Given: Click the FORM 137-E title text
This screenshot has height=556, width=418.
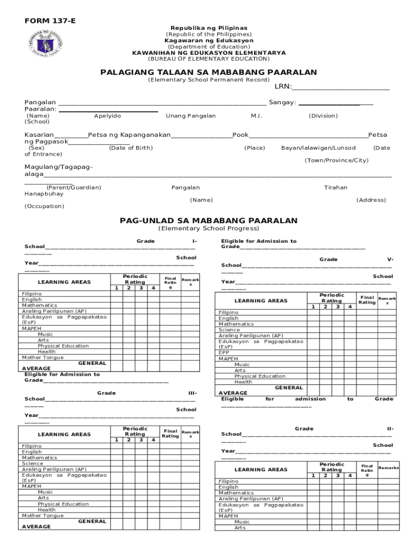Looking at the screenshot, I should pyautogui.click(x=50, y=21).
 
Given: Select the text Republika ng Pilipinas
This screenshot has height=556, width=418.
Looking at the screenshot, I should pyautogui.click(x=209, y=28).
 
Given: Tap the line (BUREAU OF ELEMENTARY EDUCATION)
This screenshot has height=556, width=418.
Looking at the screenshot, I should pyautogui.click(x=209, y=59).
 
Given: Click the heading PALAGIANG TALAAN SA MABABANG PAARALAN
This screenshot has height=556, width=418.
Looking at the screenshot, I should pyautogui.click(x=209, y=72).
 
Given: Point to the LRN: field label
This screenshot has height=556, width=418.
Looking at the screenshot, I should pyautogui.click(x=283, y=87).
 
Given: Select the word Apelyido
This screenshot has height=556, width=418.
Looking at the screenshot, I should pyautogui.click(x=107, y=116).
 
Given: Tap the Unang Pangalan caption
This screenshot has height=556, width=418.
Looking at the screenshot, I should pyautogui.click(x=191, y=116).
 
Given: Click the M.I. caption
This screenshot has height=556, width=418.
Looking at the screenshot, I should pyautogui.click(x=257, y=116).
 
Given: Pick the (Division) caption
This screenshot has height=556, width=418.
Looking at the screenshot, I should pyautogui.click(x=323, y=116).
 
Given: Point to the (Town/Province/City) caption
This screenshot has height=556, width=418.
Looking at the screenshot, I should pyautogui.click(x=337, y=160).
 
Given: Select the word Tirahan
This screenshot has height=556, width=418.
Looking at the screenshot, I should pyautogui.click(x=335, y=187).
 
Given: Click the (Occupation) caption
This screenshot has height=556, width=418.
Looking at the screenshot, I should pyautogui.click(x=44, y=206).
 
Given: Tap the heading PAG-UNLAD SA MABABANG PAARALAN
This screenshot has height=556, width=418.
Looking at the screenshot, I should pyautogui.click(x=209, y=220).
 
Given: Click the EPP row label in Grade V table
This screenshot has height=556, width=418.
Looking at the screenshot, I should pyautogui.click(x=224, y=352).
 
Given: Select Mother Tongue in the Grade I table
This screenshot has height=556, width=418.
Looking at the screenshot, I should pyautogui.click(x=42, y=357).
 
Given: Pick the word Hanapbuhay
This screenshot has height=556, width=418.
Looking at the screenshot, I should pyautogui.click(x=43, y=193).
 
